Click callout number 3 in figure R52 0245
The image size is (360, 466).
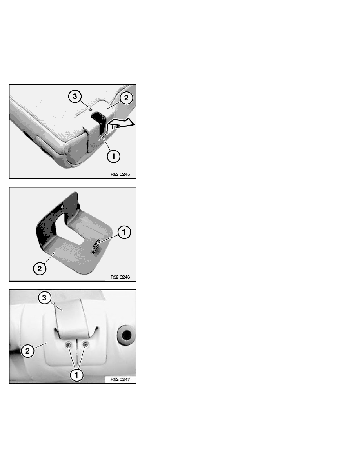pyautogui.click(x=75, y=96)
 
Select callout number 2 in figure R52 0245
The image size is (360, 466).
pyautogui.click(x=126, y=98)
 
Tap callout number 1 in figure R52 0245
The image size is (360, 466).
pyautogui.click(x=113, y=157)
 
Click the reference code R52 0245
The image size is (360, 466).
pyautogui.click(x=120, y=174)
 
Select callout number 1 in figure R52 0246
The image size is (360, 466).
pyautogui.click(x=124, y=232)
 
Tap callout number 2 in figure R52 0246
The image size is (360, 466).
pyautogui.click(x=40, y=269)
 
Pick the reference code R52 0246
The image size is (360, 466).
pyautogui.click(x=120, y=277)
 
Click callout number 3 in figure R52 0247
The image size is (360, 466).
pyautogui.click(x=45, y=298)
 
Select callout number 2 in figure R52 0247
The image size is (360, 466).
pyautogui.click(x=27, y=351)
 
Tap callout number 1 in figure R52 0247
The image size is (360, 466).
pyautogui.click(x=76, y=375)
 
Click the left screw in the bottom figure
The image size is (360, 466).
pyautogui.click(x=69, y=345)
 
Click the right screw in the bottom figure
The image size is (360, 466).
pyautogui.click(x=85, y=345)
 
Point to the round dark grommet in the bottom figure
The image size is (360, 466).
pyautogui.click(x=126, y=335)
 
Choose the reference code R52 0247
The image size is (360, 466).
pyautogui.click(x=120, y=380)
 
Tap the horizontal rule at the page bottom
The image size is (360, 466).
pyautogui.click(x=182, y=446)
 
